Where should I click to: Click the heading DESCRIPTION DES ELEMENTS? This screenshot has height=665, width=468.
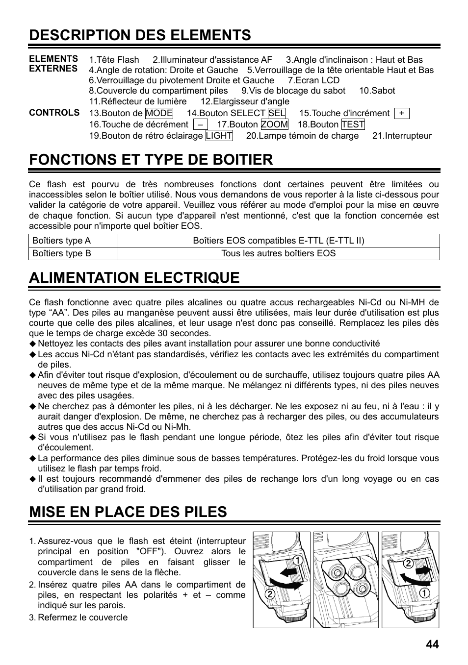140,35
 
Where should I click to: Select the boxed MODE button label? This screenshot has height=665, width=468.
159,113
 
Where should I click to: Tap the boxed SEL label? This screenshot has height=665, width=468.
277,113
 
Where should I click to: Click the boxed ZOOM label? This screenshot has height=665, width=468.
274,124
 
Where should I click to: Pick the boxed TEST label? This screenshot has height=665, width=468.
353,124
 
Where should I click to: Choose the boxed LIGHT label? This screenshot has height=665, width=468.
219,136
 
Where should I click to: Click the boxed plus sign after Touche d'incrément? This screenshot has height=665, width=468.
401,113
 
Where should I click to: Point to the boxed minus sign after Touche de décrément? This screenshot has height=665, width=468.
200,124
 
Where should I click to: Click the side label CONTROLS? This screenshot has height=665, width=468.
54,113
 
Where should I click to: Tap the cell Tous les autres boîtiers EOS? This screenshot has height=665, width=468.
278,253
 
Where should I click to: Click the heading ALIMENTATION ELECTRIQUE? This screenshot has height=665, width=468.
134,277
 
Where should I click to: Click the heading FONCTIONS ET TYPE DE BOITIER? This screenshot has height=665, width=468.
151,159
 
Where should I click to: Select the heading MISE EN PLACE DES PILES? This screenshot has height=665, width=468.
128,512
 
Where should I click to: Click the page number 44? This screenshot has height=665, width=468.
432,644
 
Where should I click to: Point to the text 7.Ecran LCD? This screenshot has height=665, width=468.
313,80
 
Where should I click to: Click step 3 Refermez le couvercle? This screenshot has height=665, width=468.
82,617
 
